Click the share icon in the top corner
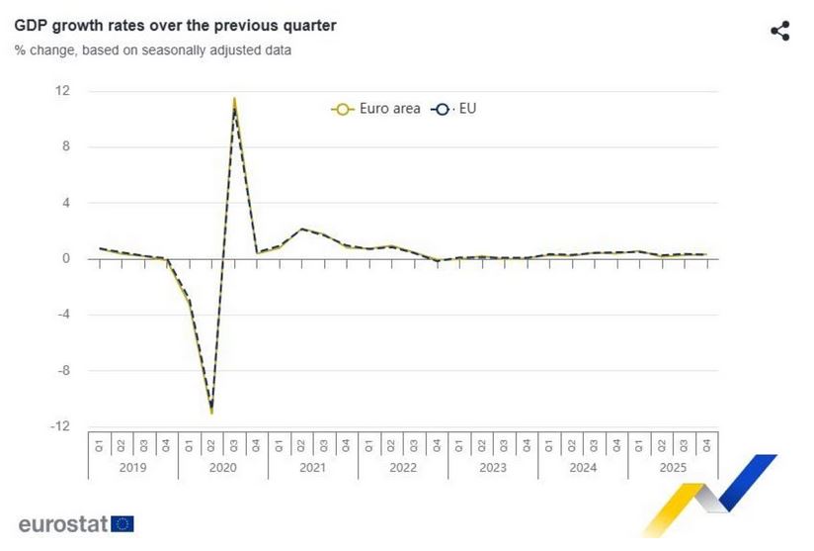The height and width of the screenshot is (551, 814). [x=779, y=31]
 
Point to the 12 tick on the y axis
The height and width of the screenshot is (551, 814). [x=62, y=91]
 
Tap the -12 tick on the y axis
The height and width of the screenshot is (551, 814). [x=60, y=426]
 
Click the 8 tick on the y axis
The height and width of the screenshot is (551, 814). [x=65, y=147]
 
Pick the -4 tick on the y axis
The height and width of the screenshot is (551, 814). [x=62, y=315]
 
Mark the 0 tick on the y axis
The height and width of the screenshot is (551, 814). [x=65, y=259]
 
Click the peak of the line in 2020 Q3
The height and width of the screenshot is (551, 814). [x=234, y=100]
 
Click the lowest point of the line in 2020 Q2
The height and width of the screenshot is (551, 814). [x=211, y=412]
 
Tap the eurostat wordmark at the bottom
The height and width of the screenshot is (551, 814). [x=62, y=524]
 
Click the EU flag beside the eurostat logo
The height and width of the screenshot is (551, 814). [x=122, y=524]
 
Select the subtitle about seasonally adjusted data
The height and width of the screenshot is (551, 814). [x=152, y=49]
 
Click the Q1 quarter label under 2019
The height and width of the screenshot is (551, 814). [x=99, y=444]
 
